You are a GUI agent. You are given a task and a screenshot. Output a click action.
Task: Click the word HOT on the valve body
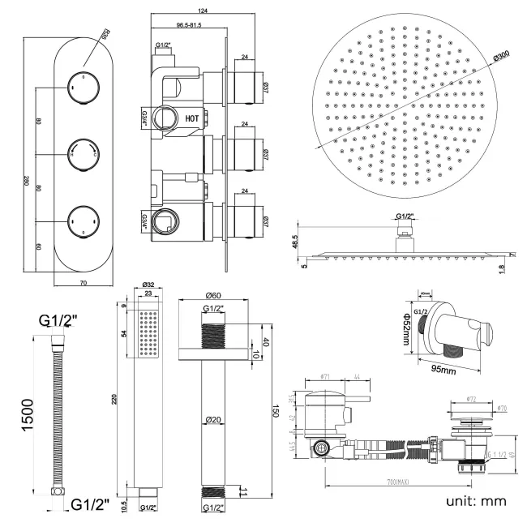pos(192,118)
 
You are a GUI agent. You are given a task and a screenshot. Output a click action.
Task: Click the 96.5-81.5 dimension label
pos(185,26)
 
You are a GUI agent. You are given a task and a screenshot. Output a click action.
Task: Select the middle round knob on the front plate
pos(80,152)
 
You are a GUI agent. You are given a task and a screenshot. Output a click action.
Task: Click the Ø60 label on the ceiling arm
pos(213,296)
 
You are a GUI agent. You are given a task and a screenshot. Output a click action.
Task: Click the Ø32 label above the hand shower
pos(148,285)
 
